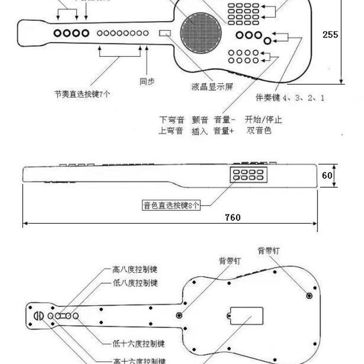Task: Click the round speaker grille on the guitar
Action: click(201, 33)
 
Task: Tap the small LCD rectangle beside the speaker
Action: click(165, 33)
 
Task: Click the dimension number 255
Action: click(330, 34)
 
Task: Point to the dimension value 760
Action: click(233, 217)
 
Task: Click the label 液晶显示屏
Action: click(212, 86)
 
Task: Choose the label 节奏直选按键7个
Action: click(81, 94)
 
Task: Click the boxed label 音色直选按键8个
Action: click(171, 205)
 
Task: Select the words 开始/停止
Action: click(263, 120)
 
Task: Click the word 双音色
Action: click(259, 131)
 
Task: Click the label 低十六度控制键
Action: click(138, 343)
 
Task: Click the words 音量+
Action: click(224, 131)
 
